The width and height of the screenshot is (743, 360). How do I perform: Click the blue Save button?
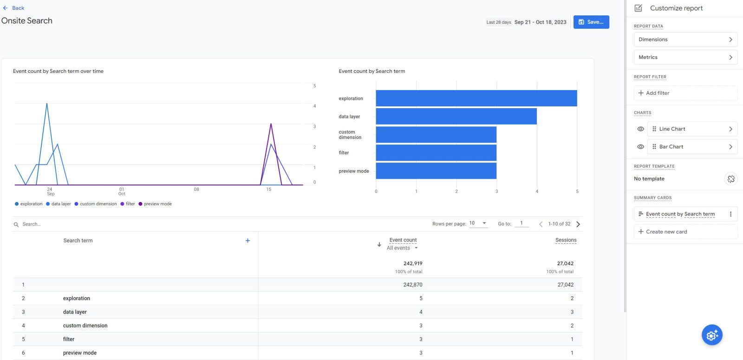(591, 22)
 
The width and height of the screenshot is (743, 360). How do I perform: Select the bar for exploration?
(476, 98)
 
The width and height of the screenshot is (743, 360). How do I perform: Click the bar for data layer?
(456, 117)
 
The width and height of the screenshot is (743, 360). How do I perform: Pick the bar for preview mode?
(436, 171)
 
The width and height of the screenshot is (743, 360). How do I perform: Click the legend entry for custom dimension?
(96, 204)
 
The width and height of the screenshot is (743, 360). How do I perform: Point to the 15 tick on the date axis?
(268, 189)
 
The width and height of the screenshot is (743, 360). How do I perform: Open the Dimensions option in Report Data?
(685, 39)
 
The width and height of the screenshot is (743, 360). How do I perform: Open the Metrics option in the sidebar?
(685, 57)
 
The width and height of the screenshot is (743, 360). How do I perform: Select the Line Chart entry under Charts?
(691, 129)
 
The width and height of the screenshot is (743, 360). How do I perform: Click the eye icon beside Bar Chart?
(640, 147)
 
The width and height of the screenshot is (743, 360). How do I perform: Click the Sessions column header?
(566, 240)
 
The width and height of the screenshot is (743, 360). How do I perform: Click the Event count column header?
(403, 240)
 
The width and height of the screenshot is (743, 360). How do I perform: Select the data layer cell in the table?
(75, 312)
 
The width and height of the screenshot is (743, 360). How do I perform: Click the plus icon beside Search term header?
(248, 241)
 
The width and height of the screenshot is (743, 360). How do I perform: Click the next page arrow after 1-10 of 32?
(578, 224)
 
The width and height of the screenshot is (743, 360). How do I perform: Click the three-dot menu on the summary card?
(730, 214)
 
